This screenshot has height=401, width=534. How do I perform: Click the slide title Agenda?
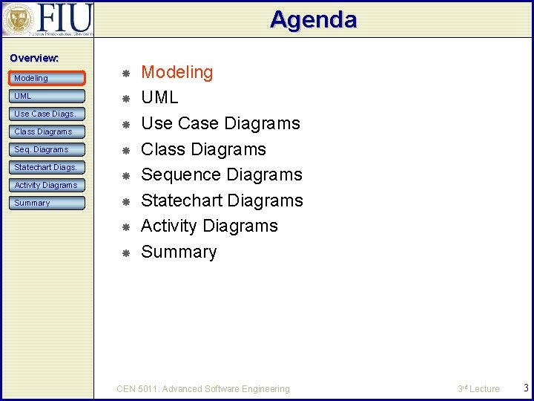[x=313, y=19]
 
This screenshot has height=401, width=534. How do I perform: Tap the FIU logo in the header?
[x=47, y=19]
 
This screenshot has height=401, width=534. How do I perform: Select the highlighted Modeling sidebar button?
[x=47, y=78]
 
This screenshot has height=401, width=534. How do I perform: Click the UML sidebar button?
[x=47, y=96]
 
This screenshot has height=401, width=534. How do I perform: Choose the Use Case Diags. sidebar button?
[x=47, y=114]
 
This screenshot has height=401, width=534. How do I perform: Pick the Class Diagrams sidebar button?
[x=47, y=131]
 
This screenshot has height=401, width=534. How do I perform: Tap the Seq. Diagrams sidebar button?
[x=47, y=149]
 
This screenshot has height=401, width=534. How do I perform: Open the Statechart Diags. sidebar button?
[x=47, y=167]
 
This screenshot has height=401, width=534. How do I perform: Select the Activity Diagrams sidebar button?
[x=47, y=185]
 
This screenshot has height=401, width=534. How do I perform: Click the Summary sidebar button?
[x=47, y=203]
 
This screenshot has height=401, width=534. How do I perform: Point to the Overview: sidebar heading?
[x=34, y=58]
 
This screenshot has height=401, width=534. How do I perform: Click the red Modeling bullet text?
[x=177, y=72]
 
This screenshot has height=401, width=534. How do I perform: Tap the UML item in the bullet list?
[x=159, y=97]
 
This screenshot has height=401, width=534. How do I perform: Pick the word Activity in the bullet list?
[x=169, y=226]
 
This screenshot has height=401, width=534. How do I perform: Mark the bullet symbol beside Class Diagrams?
[x=126, y=150]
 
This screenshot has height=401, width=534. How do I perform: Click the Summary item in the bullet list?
[x=179, y=252]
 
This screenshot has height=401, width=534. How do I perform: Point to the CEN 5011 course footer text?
[x=203, y=388]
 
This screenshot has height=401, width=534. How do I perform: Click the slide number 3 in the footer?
[x=525, y=388]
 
